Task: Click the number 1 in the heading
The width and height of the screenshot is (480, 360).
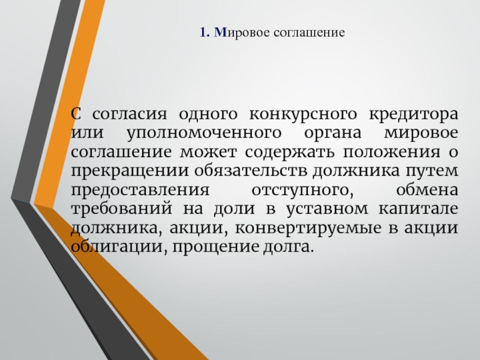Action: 203,32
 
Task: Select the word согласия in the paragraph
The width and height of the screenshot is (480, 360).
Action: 130,115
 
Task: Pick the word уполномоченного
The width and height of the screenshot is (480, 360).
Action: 204,133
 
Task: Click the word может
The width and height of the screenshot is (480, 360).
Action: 208,152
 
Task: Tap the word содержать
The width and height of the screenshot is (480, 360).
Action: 290,152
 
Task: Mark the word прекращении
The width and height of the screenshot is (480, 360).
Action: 130,172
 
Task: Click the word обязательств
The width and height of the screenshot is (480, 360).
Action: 251,170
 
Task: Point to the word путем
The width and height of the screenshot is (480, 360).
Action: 432,172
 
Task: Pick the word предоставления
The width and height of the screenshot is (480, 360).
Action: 140,190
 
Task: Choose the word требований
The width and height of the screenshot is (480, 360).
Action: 122,208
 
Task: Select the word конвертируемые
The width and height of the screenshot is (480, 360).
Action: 308,229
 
